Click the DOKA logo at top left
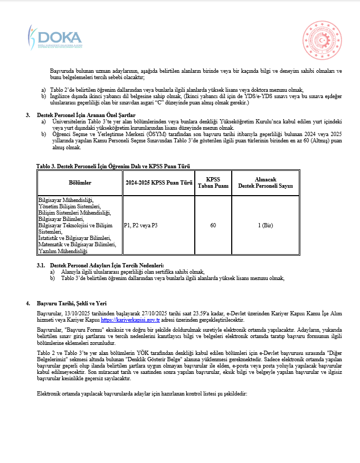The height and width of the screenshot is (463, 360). click(55, 37)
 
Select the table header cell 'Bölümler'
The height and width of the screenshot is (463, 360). click(80, 183)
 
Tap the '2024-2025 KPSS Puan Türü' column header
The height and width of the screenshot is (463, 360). click(158, 183)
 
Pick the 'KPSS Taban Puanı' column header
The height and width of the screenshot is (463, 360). click(213, 183)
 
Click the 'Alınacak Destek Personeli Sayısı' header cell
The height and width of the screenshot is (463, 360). click(266, 183)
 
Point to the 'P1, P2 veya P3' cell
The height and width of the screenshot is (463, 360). click(140, 226)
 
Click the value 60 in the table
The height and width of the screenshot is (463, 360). click(213, 226)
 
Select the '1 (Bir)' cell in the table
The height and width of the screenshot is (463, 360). click(266, 226)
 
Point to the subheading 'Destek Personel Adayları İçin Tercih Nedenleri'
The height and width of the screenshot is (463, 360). click(107, 265)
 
